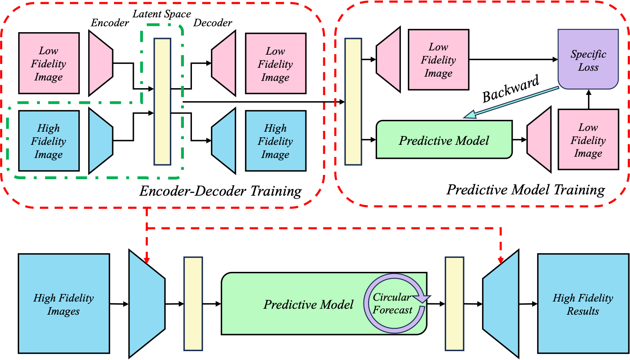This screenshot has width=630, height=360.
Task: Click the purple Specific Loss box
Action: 588,59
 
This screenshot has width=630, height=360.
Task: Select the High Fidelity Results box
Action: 583,304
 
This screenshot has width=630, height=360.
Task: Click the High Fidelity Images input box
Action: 64,304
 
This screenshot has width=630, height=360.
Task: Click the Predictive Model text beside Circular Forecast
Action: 308,305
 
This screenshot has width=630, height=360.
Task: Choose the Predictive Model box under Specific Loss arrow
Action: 444,140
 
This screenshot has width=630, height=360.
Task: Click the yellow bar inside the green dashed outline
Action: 162,102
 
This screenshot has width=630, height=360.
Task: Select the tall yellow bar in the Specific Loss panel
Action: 353,102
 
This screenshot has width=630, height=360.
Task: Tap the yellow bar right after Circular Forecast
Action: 454,304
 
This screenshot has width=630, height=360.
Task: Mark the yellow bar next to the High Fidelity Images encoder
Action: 193,304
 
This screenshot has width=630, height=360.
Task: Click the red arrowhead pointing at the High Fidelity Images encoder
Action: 147,259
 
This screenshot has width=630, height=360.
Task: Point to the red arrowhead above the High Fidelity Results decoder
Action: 501,259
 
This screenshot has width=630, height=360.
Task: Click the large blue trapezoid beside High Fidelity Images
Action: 146,304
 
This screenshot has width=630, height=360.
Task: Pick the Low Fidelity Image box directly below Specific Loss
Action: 588,140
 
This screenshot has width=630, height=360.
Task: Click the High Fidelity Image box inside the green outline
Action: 49,141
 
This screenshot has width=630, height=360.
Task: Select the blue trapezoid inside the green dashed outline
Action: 100,141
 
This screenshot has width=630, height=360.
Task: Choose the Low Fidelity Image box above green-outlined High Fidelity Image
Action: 49,64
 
